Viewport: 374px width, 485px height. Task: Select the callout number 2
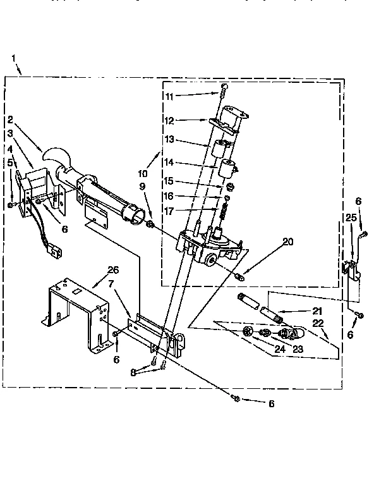(x=11, y=118)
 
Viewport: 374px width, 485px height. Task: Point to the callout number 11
(x=169, y=97)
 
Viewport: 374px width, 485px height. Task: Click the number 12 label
(x=169, y=120)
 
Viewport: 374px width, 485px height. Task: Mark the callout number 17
(x=169, y=211)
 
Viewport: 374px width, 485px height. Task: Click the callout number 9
(x=142, y=187)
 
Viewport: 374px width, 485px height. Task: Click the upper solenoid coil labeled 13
(x=219, y=150)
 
